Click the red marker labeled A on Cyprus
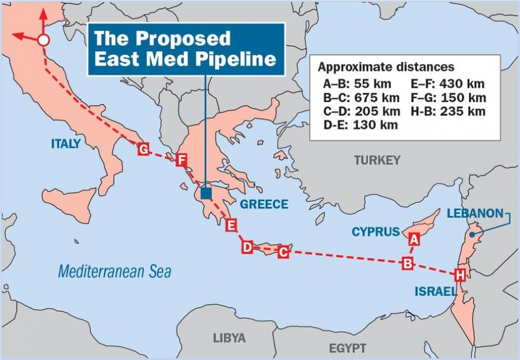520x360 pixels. [x=413, y=237]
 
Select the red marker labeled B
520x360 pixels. [x=408, y=263]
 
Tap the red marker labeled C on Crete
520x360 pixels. [x=283, y=252]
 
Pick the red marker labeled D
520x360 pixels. [x=247, y=247]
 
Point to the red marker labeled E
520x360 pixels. [x=231, y=225]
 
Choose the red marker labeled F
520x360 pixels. [x=181, y=160]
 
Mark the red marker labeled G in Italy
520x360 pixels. [x=144, y=150]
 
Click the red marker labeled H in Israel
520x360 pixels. [x=460, y=274]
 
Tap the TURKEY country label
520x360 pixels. [x=377, y=160]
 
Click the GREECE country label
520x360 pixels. [x=264, y=204]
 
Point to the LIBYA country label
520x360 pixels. [x=229, y=338]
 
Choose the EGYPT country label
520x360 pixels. [x=347, y=348]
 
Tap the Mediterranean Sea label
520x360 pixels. [x=114, y=271]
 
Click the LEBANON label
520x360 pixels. [x=475, y=213]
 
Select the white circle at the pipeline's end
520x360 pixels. [x=43, y=40]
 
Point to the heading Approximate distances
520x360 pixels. [x=386, y=67]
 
